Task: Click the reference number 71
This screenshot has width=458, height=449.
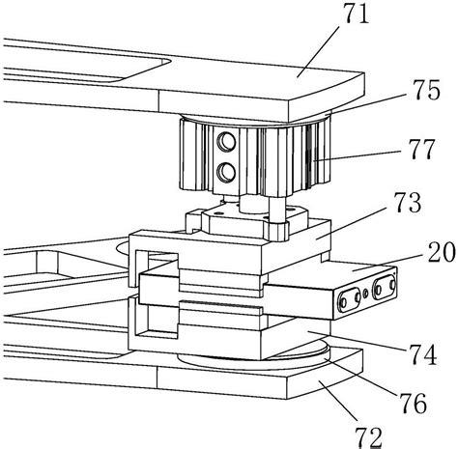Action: [x=357, y=14]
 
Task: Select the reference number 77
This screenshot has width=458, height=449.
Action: [x=422, y=149]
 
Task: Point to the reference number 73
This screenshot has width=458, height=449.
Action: [x=409, y=203]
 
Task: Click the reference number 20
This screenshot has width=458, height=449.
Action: [x=442, y=252]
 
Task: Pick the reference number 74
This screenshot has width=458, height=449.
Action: [x=423, y=353]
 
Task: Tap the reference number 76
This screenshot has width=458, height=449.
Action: [x=414, y=403]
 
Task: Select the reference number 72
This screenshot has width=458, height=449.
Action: [x=368, y=436]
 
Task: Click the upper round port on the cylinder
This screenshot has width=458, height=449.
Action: [x=226, y=142]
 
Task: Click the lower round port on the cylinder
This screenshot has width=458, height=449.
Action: [x=226, y=172]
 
